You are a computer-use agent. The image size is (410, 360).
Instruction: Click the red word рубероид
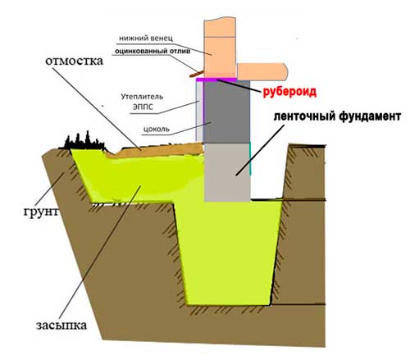pyautogui.click(x=289, y=92)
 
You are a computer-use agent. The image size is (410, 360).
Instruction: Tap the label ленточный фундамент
pyautogui.click(x=337, y=116)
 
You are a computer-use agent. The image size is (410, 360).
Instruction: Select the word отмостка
pyautogui.click(x=75, y=61)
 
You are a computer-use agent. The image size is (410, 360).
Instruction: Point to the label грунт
pyautogui.click(x=41, y=212)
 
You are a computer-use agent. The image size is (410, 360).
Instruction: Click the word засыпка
pyautogui.click(x=61, y=325)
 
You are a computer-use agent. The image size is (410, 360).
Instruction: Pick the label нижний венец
pyautogui.click(x=146, y=39)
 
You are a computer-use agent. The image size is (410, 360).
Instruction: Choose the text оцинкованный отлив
pyautogui.click(x=153, y=51)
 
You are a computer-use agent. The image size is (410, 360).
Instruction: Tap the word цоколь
pyautogui.click(x=157, y=130)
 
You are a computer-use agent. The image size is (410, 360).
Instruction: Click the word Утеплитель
pyautogui.click(x=142, y=97)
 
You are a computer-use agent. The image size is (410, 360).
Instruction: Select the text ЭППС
pyautogui.click(x=143, y=107)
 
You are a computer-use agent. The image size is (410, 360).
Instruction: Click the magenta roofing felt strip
pyautogui.click(x=216, y=80)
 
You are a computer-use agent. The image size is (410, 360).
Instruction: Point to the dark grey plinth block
pyautogui.click(x=226, y=112)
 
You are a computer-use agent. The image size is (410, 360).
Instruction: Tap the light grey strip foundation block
pyautogui.click(x=227, y=172)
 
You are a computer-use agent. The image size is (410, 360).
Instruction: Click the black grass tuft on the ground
pyautogui.click(x=84, y=142)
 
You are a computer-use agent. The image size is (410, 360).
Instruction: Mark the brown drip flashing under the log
pyautogui.click(x=196, y=74)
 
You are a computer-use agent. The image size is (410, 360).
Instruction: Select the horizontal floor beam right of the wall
pyautogui.click(x=262, y=71)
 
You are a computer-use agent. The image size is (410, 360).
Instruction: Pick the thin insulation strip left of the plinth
pyautogui.click(x=200, y=112)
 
